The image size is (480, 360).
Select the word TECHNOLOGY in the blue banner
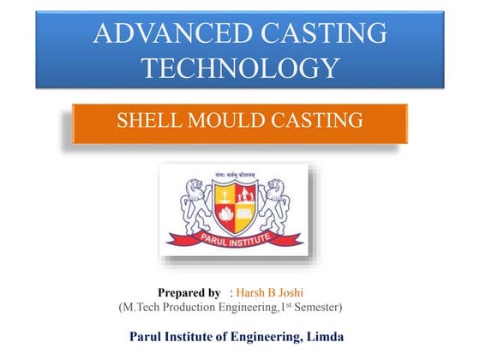[240, 67]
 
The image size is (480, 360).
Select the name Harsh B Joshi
[265, 292]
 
